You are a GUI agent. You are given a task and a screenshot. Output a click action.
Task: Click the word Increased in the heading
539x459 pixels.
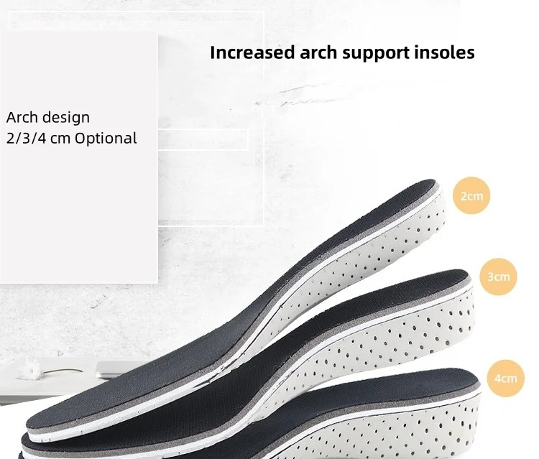pos(253,52)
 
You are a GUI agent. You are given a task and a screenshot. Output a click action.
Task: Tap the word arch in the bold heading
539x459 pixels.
pos(318,52)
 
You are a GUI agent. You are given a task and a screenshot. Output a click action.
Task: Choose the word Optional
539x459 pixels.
pos(106,139)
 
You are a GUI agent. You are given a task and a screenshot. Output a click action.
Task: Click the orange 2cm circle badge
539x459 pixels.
pos(471,196)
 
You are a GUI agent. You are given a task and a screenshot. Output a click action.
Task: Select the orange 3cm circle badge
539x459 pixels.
pos(499,277)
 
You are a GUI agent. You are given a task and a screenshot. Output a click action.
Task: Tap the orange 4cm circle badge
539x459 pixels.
pos(506,379)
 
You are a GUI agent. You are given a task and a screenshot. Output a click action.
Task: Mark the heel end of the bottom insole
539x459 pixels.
pos(477,405)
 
